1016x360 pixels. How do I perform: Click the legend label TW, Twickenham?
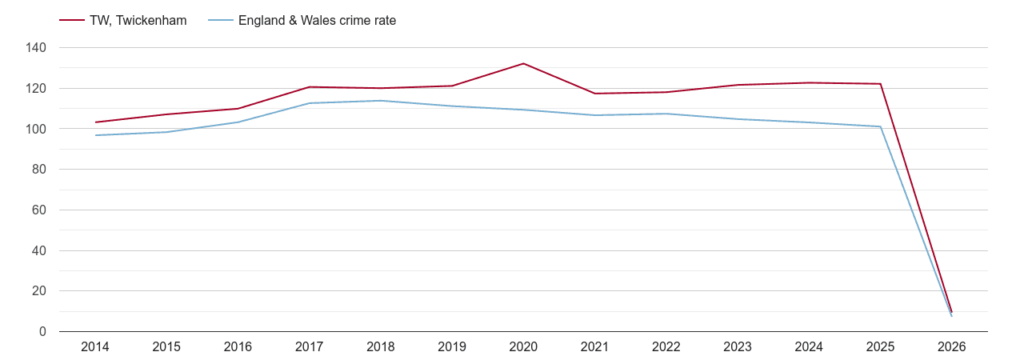coord(139,21)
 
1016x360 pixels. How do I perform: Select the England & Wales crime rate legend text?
coord(317,21)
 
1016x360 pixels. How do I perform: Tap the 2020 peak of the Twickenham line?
coord(523,63)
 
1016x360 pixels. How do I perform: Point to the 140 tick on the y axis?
coord(36,48)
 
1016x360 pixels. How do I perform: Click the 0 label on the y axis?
coord(42,332)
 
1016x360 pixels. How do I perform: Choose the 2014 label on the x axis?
coord(95,347)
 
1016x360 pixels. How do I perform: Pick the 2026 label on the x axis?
coord(951,347)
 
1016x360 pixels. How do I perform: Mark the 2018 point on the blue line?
coord(381,101)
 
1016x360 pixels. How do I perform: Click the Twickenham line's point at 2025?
coord(880,84)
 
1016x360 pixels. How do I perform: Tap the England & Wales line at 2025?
coord(880,126)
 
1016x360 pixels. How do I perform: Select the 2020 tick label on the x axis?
coord(523,347)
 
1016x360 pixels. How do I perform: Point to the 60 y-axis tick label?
coord(39,210)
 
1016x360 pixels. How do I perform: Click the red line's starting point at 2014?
coord(96,122)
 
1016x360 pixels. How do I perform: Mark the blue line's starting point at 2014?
coord(96,135)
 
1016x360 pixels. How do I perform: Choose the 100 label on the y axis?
coord(36,129)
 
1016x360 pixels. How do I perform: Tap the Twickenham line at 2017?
coord(310,87)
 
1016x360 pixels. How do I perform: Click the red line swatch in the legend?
coord(72,21)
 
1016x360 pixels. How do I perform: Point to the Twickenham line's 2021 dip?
coord(594,94)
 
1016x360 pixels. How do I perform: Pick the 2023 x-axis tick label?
coord(738,347)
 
